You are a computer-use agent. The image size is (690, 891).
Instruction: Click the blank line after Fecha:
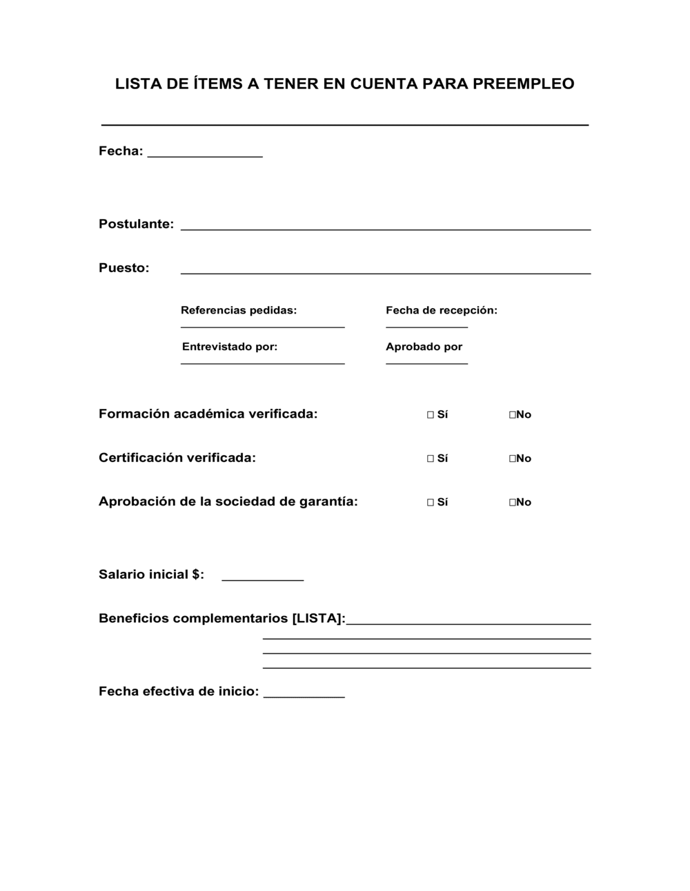pos(205,156)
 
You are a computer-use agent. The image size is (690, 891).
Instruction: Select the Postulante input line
pos(385,228)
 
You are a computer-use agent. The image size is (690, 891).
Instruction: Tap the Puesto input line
pos(385,272)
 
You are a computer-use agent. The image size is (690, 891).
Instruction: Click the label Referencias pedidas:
pos(239,310)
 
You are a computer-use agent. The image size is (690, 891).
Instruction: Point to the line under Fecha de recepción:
pos(426,326)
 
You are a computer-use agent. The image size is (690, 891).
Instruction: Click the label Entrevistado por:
pos(230,347)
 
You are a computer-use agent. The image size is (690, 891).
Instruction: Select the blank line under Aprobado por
pos(426,362)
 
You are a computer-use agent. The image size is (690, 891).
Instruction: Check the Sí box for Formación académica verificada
pos(431,414)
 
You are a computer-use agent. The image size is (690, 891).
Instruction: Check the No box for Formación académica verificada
pos(513,414)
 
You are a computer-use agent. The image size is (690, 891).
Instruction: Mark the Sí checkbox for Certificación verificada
pos(431,458)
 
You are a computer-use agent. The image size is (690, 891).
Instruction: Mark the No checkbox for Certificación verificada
pos(513,458)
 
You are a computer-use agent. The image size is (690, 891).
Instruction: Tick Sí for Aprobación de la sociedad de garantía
pos(431,502)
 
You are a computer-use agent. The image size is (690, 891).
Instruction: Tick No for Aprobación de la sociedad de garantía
pos(513,502)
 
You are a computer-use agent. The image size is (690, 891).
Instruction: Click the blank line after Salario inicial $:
pos(262,579)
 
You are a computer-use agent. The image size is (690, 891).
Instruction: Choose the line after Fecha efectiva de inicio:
pos(304,696)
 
